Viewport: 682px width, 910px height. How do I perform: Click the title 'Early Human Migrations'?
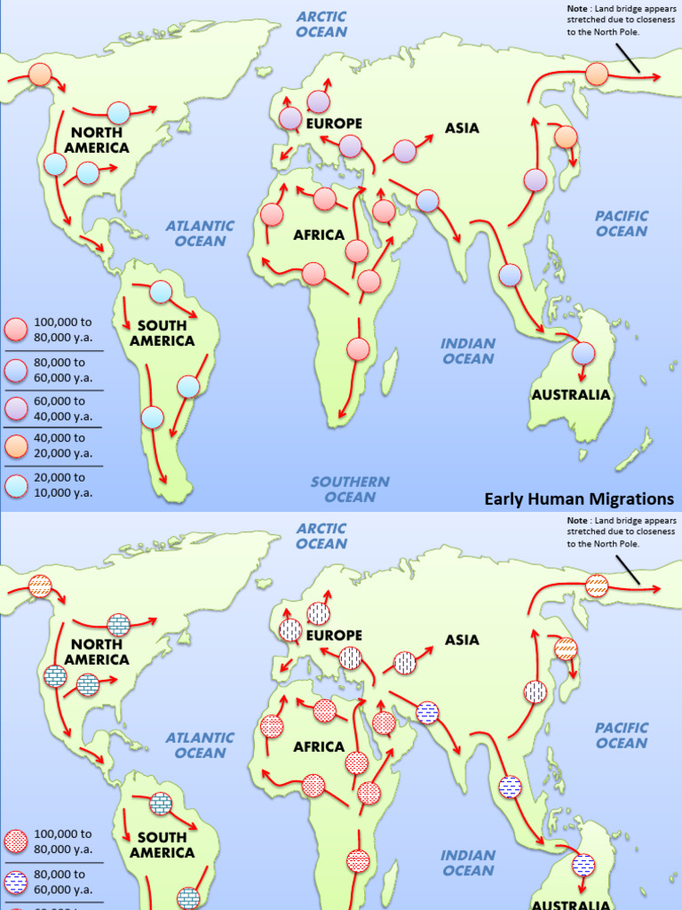[x=579, y=499]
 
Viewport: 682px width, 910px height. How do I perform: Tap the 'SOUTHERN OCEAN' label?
[x=350, y=490]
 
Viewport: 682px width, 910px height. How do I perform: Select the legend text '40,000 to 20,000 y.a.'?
[x=59, y=445]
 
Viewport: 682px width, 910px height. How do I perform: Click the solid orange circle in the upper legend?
[x=17, y=446]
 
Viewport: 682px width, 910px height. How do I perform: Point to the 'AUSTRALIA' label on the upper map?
[x=571, y=395]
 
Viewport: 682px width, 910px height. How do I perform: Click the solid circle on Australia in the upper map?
[x=583, y=354]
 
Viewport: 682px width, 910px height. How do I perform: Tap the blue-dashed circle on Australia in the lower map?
[x=583, y=865]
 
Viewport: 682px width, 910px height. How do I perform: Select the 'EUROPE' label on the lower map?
[x=335, y=635]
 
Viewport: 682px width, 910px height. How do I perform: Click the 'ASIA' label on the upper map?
[x=462, y=128]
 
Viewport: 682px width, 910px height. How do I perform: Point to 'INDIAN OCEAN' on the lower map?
[x=468, y=863]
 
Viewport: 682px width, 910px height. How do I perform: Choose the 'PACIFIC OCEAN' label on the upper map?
[x=622, y=224]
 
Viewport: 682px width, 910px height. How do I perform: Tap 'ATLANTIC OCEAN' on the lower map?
[x=200, y=745]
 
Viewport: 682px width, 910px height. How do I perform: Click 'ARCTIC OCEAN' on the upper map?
[x=321, y=24]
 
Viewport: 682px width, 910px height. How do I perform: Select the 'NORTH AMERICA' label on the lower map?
[x=97, y=651]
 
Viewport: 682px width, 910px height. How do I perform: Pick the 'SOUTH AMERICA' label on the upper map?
[x=162, y=333]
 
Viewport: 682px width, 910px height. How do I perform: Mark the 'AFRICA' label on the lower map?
[x=319, y=746]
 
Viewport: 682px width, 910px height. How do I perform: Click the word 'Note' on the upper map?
[x=576, y=9]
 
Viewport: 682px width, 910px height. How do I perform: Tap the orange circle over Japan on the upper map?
[x=566, y=137]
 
